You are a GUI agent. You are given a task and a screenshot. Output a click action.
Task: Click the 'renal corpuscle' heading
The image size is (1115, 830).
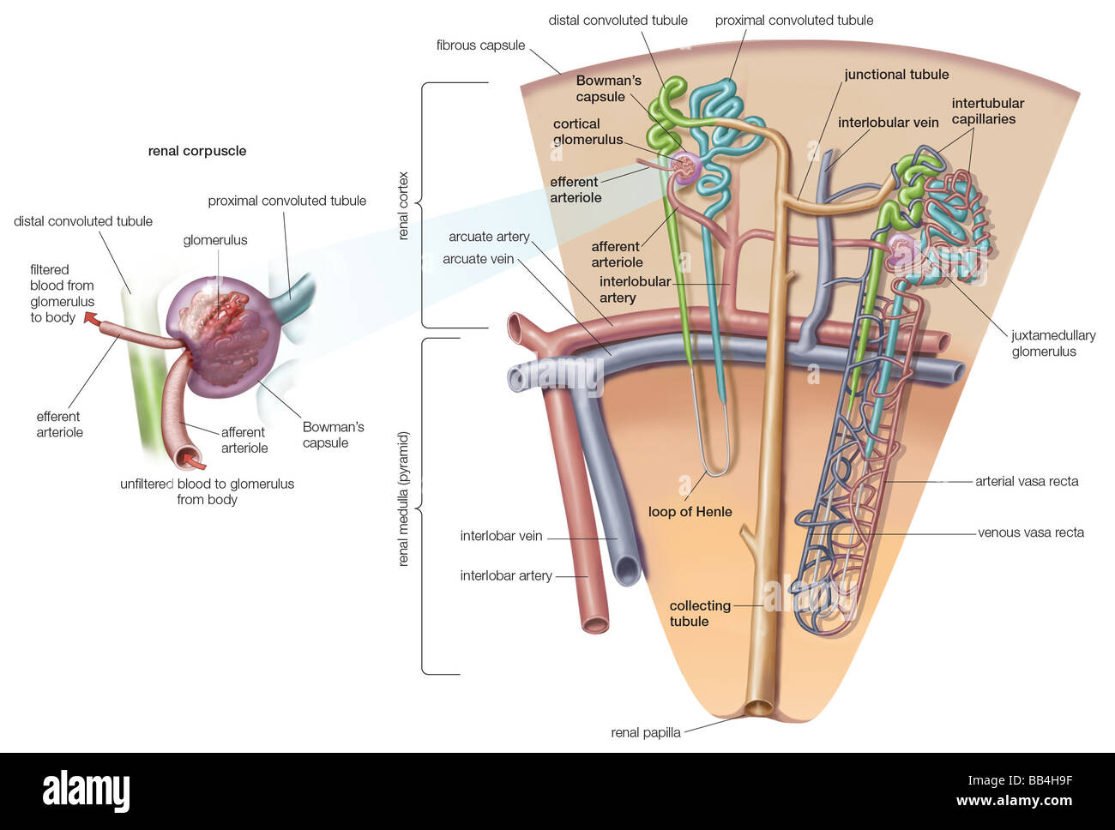(196, 151)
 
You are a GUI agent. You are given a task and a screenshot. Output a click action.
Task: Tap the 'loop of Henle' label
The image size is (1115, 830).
(690, 512)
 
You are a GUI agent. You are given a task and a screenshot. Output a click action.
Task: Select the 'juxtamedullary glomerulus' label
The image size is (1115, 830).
(1052, 343)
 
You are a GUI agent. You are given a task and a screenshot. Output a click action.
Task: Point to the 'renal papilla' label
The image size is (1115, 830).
(645, 732)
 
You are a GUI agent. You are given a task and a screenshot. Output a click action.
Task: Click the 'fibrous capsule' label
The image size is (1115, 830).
(480, 45)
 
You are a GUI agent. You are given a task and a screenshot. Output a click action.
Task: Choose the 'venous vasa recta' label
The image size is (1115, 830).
(1030, 532)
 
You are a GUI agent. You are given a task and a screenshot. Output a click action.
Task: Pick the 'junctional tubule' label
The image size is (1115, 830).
(896, 75)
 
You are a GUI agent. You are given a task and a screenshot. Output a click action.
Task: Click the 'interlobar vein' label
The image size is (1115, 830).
(501, 536)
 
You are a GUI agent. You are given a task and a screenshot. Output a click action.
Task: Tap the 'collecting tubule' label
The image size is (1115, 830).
(699, 613)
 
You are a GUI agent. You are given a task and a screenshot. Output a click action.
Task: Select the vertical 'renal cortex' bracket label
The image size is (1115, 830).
(404, 206)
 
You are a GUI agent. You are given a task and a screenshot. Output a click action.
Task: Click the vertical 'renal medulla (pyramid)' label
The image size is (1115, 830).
(404, 498)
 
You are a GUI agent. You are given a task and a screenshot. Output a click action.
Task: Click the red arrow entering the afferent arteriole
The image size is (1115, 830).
(196, 463)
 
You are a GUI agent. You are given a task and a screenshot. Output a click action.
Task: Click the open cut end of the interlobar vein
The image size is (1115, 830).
(627, 570)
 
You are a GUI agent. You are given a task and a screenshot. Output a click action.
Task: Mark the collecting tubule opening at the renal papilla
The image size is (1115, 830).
(759, 709)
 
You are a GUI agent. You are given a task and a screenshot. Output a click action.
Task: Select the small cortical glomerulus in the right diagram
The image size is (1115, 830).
(685, 168)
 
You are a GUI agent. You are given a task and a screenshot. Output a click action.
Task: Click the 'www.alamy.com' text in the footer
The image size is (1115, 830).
(1014, 801)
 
